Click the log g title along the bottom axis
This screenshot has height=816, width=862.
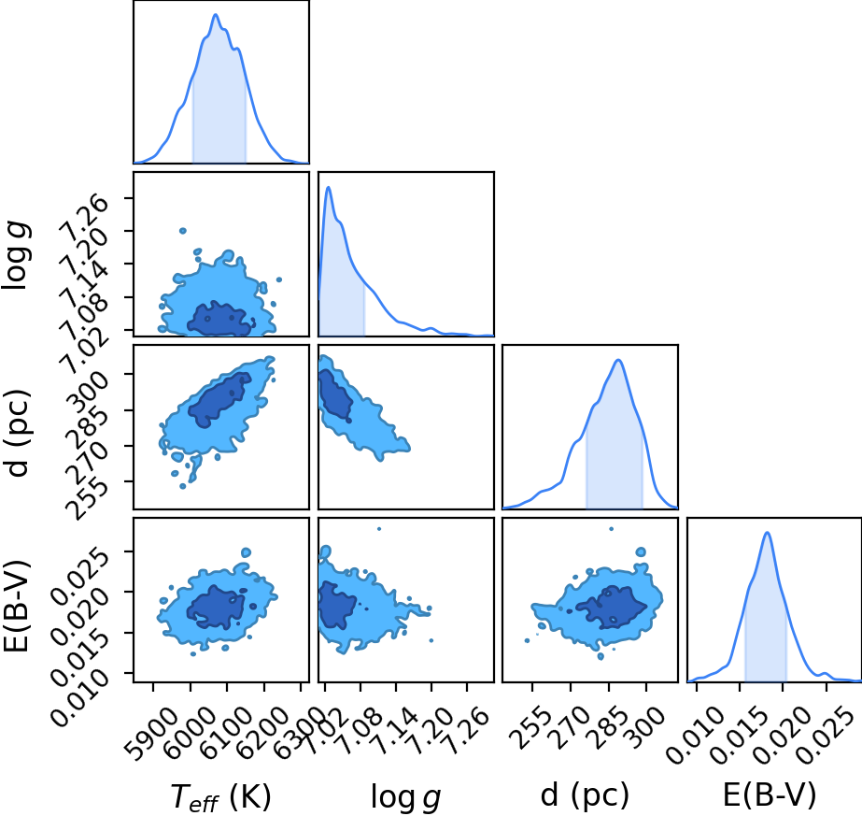[x=405, y=796]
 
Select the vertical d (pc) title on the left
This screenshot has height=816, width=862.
[x=17, y=434]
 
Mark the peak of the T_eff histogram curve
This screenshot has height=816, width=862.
[x=216, y=14]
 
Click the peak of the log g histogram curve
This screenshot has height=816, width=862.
[x=328, y=187]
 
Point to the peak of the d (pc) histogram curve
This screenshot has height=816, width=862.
[x=618, y=360]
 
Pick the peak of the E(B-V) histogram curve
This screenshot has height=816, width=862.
[x=767, y=532]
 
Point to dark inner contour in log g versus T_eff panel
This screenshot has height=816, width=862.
[x=219, y=319]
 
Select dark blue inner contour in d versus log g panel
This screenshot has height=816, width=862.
[x=335, y=394]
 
